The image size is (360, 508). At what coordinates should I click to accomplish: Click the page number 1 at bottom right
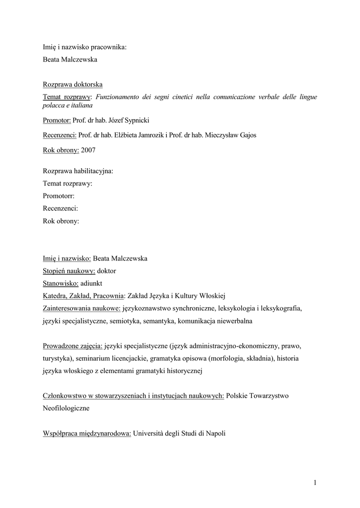pyautogui.click(x=315, y=482)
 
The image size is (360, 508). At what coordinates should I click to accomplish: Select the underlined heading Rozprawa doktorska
pyautogui.click(x=72, y=84)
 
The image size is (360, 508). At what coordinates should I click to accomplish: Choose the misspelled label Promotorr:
pyautogui.click(x=59, y=196)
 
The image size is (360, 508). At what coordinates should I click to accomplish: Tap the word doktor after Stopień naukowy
pyautogui.click(x=107, y=271)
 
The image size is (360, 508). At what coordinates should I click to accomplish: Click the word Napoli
pyautogui.click(x=215, y=433)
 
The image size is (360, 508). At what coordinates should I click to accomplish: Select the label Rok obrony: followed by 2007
pyautogui.click(x=61, y=150)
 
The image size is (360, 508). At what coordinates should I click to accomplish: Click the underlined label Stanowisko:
pyautogui.click(x=61, y=284)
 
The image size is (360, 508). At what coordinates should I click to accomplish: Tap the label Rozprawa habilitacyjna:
pyautogui.click(x=78, y=171)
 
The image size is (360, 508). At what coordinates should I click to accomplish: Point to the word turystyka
pyautogui.click(x=58, y=358)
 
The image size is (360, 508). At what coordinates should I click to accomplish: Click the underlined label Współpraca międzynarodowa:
pyautogui.click(x=87, y=433)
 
